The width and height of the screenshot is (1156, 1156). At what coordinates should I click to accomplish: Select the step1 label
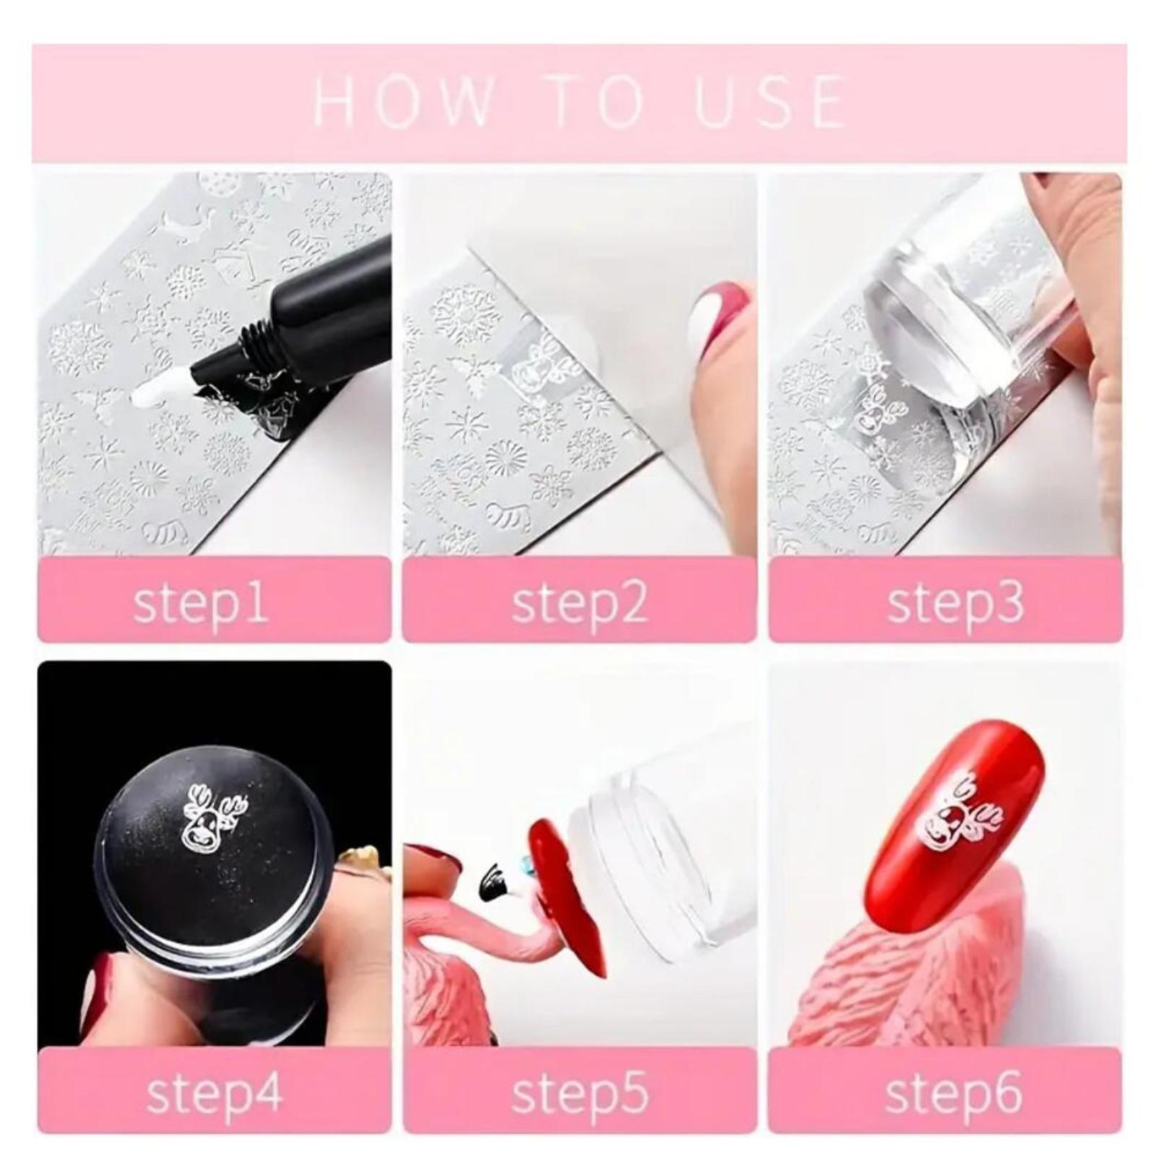click(200, 603)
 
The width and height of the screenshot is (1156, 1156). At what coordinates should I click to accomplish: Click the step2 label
click(579, 603)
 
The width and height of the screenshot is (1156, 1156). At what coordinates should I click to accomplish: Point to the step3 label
click(955, 603)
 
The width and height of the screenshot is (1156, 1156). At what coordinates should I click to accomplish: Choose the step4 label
click(214, 1093)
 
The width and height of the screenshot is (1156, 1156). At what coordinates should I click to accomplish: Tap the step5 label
click(579, 1093)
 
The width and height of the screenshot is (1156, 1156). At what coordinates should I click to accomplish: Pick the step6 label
click(954, 1093)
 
